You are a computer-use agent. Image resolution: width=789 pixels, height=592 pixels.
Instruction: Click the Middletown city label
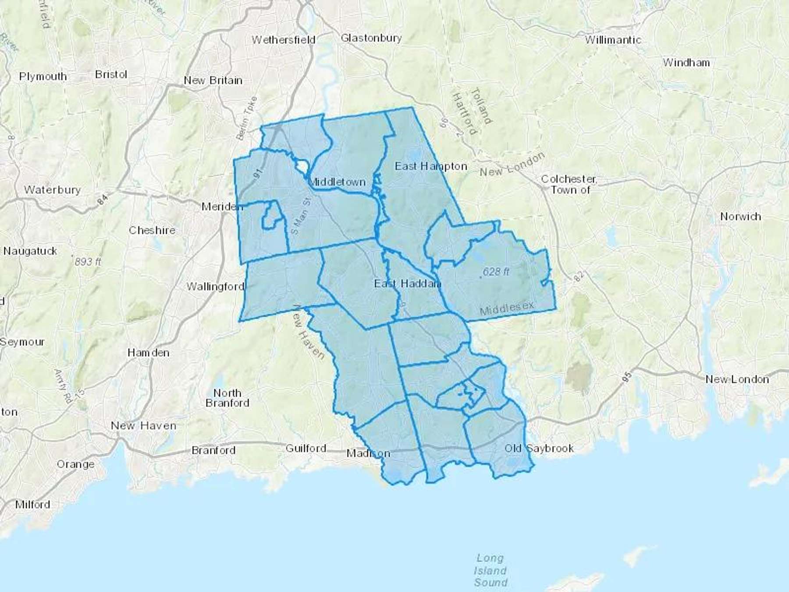coord(337,182)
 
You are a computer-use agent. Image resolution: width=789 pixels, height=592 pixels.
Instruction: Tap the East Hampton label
coord(431,166)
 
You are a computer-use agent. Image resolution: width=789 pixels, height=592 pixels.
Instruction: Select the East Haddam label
coord(407,284)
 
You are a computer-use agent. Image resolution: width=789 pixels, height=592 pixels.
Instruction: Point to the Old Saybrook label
coord(539,448)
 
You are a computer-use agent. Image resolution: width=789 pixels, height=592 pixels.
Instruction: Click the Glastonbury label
coord(371,38)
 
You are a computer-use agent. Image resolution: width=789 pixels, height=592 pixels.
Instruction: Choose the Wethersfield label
coord(283,40)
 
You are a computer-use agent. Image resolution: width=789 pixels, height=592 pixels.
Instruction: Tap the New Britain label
coord(213,81)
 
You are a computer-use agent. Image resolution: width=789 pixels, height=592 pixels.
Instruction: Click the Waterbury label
coord(52,190)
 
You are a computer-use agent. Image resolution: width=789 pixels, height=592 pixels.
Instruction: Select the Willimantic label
coord(612,40)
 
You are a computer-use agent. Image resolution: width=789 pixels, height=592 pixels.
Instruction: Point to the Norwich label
coord(740,217)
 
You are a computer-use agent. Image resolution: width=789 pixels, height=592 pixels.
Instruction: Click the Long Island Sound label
coord(490,570)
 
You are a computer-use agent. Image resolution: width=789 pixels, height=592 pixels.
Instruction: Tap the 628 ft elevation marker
coord(495,272)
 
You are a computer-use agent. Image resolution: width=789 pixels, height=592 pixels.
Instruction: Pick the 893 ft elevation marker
coord(87,262)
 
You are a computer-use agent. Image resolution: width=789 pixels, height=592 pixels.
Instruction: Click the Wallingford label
coord(215,286)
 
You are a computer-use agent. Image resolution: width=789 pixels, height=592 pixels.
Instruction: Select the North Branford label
coord(227,398)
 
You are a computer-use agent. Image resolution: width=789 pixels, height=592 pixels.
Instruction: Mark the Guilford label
coord(306,448)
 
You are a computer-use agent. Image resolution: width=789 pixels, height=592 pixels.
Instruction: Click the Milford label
coord(32,504)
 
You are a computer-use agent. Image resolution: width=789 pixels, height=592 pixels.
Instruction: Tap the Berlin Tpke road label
coord(247,118)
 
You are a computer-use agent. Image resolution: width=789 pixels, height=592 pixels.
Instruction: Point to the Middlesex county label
coord(507,308)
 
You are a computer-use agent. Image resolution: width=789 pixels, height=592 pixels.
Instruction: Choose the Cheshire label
coord(152,230)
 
